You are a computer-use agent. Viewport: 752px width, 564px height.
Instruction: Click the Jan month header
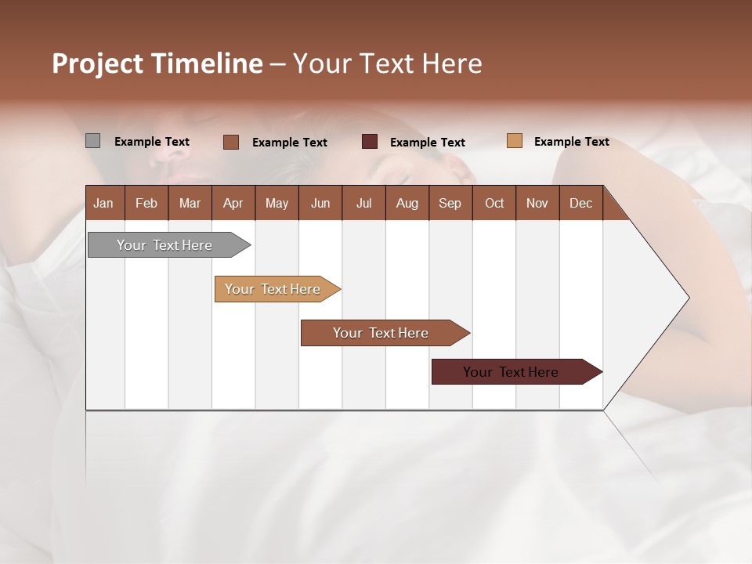click(x=103, y=203)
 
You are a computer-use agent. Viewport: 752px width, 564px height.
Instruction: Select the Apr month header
click(x=233, y=203)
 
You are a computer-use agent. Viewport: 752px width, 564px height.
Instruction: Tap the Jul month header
click(x=363, y=203)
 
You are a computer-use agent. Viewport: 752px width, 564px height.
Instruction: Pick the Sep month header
click(x=450, y=203)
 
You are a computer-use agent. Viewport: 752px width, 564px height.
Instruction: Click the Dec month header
click(x=580, y=203)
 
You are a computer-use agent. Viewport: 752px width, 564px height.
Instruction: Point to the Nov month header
click(x=537, y=203)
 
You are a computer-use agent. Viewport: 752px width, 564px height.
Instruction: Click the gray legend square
click(x=92, y=141)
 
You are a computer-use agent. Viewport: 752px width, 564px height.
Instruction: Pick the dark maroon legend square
click(x=370, y=142)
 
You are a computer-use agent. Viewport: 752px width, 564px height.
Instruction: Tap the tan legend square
click(x=514, y=141)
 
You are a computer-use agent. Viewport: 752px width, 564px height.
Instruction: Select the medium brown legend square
click(x=230, y=142)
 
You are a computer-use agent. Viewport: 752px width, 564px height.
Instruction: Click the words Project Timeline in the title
click(x=157, y=63)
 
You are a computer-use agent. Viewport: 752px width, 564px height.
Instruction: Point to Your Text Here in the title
click(x=387, y=63)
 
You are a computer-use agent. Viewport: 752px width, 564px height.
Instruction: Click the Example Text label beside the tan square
click(x=571, y=142)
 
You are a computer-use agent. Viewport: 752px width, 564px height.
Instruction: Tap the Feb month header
click(x=146, y=203)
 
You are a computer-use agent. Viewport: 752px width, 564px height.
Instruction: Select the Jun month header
click(x=320, y=203)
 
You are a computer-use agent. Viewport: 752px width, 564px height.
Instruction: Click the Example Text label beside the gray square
click(x=151, y=142)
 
